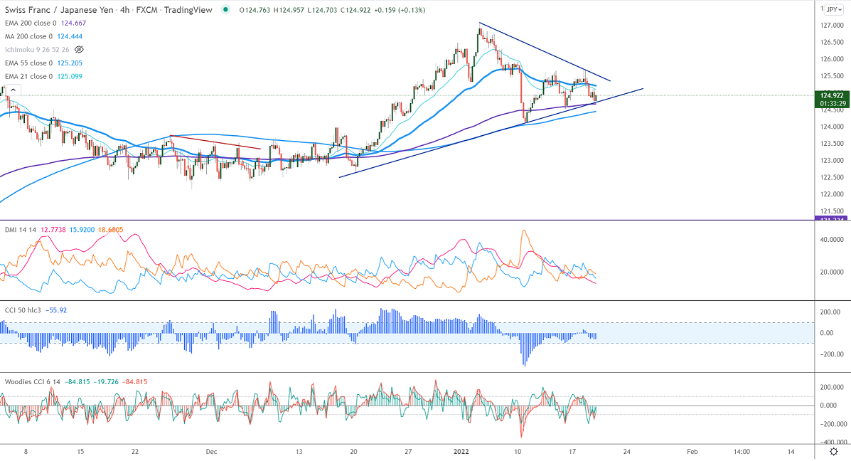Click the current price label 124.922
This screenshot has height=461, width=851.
click(x=832, y=95)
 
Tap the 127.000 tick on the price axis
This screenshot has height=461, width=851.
click(x=832, y=25)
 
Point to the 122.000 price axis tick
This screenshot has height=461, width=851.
click(x=832, y=194)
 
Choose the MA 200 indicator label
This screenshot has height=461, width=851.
click(x=28, y=36)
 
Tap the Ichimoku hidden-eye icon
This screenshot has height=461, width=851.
click(x=80, y=49)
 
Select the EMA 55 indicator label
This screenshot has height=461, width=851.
click(x=28, y=63)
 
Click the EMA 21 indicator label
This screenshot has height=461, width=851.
click(x=28, y=76)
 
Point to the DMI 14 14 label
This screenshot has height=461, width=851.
click(x=20, y=230)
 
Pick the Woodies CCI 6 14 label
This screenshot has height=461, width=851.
click(x=31, y=382)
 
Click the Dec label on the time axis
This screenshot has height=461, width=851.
click(x=211, y=451)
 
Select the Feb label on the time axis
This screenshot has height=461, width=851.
click(x=692, y=451)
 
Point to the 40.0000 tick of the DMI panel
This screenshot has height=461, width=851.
click(x=831, y=240)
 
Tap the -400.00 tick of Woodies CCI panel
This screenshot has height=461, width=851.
click(x=830, y=441)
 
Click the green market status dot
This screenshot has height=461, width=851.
click(x=225, y=9)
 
